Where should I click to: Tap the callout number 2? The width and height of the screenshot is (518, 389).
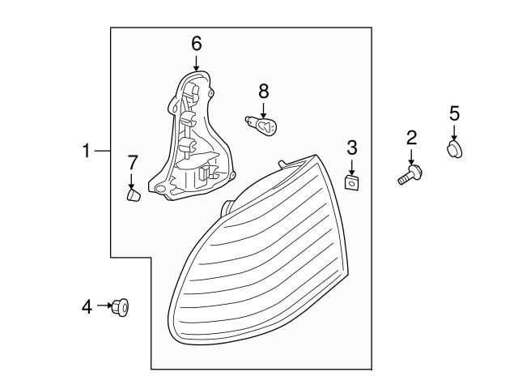411,137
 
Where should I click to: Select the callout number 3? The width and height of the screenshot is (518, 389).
352,147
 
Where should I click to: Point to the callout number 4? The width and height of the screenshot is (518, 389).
87,306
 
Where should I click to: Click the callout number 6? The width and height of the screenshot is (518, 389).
196,43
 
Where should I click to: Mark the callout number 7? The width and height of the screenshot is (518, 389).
133,162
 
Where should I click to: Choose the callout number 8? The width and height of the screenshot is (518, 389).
263,90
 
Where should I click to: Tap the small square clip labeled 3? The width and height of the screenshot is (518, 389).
352,183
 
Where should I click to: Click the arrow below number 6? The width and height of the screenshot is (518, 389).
196,62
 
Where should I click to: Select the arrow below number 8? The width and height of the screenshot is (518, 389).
263,109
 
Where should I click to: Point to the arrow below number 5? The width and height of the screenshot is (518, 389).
454,131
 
